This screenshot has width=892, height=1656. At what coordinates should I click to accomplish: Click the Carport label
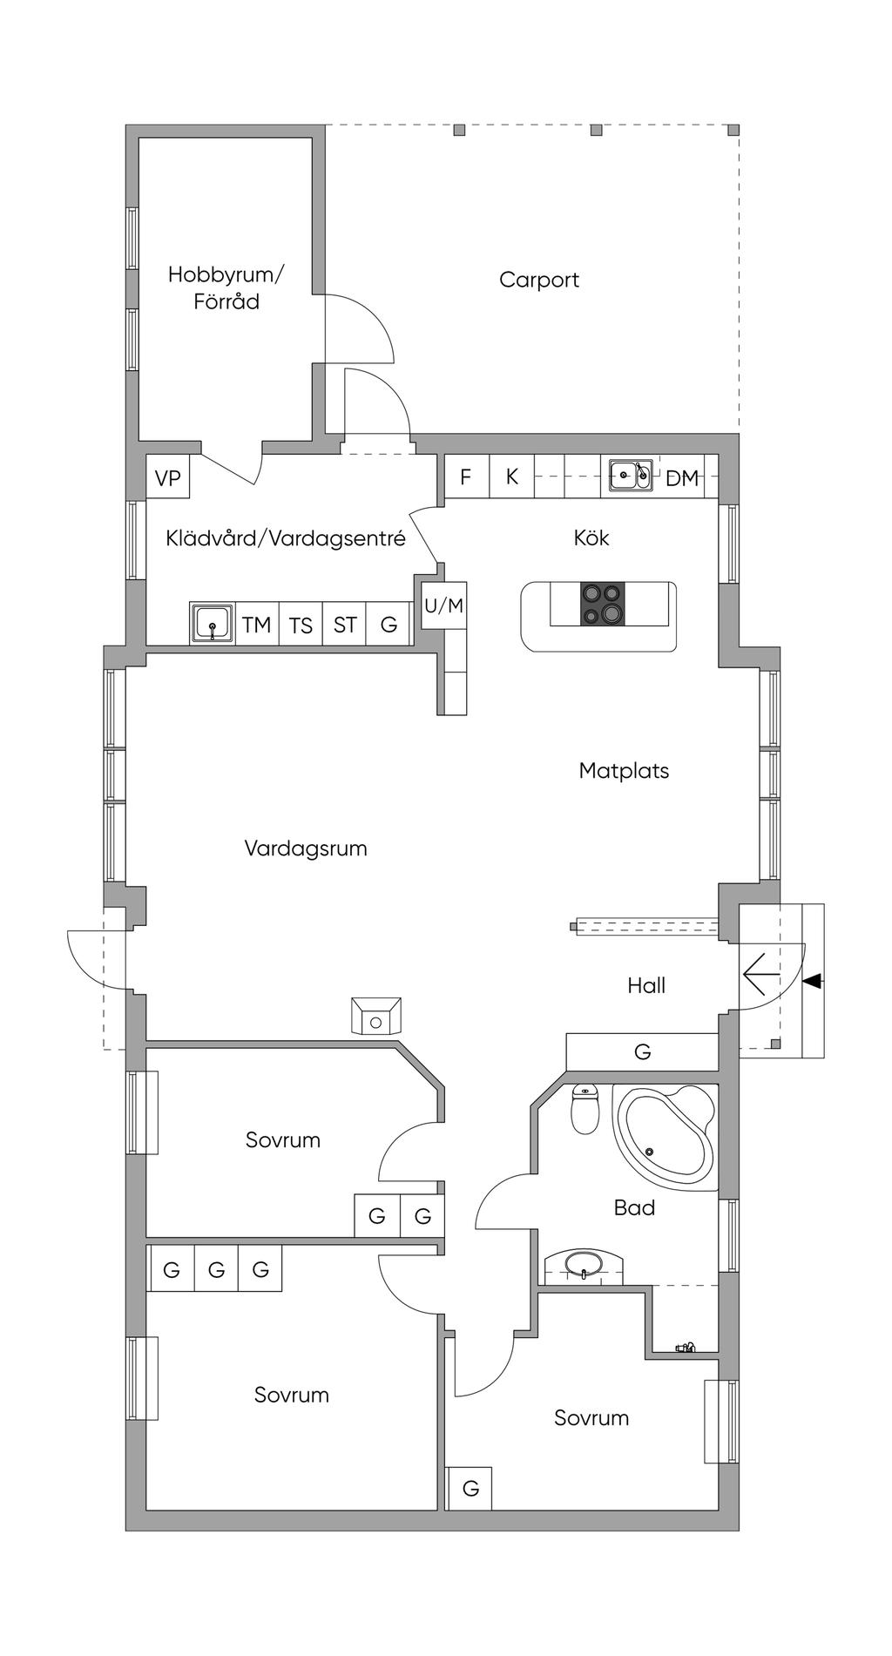[538, 280]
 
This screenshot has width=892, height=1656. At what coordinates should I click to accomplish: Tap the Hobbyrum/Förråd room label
[226, 287]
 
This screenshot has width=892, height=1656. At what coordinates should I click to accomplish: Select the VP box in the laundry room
[168, 477]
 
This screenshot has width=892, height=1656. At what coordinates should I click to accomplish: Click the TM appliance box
[257, 624]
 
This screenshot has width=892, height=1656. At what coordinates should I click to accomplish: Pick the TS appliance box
[301, 624]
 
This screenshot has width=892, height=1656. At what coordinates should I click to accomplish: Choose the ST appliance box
[345, 624]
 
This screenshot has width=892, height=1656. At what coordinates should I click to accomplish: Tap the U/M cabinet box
[444, 605]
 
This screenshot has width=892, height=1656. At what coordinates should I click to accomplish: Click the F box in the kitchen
[466, 477]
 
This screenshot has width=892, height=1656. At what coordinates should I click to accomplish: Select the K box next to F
[512, 477]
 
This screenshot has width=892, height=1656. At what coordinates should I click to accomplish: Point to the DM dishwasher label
[682, 477]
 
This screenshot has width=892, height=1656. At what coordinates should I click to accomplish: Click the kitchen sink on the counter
[631, 475]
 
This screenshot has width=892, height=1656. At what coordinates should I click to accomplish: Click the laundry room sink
[213, 624]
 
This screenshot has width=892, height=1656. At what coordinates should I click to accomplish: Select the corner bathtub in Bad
[666, 1133]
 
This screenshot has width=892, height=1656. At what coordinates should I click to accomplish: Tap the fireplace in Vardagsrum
[376, 1017]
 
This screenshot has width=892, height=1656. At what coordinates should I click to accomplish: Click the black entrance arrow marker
[812, 982]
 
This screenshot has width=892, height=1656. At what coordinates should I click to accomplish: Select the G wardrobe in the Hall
[642, 1051]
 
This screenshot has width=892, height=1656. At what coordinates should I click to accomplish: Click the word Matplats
[624, 771]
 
